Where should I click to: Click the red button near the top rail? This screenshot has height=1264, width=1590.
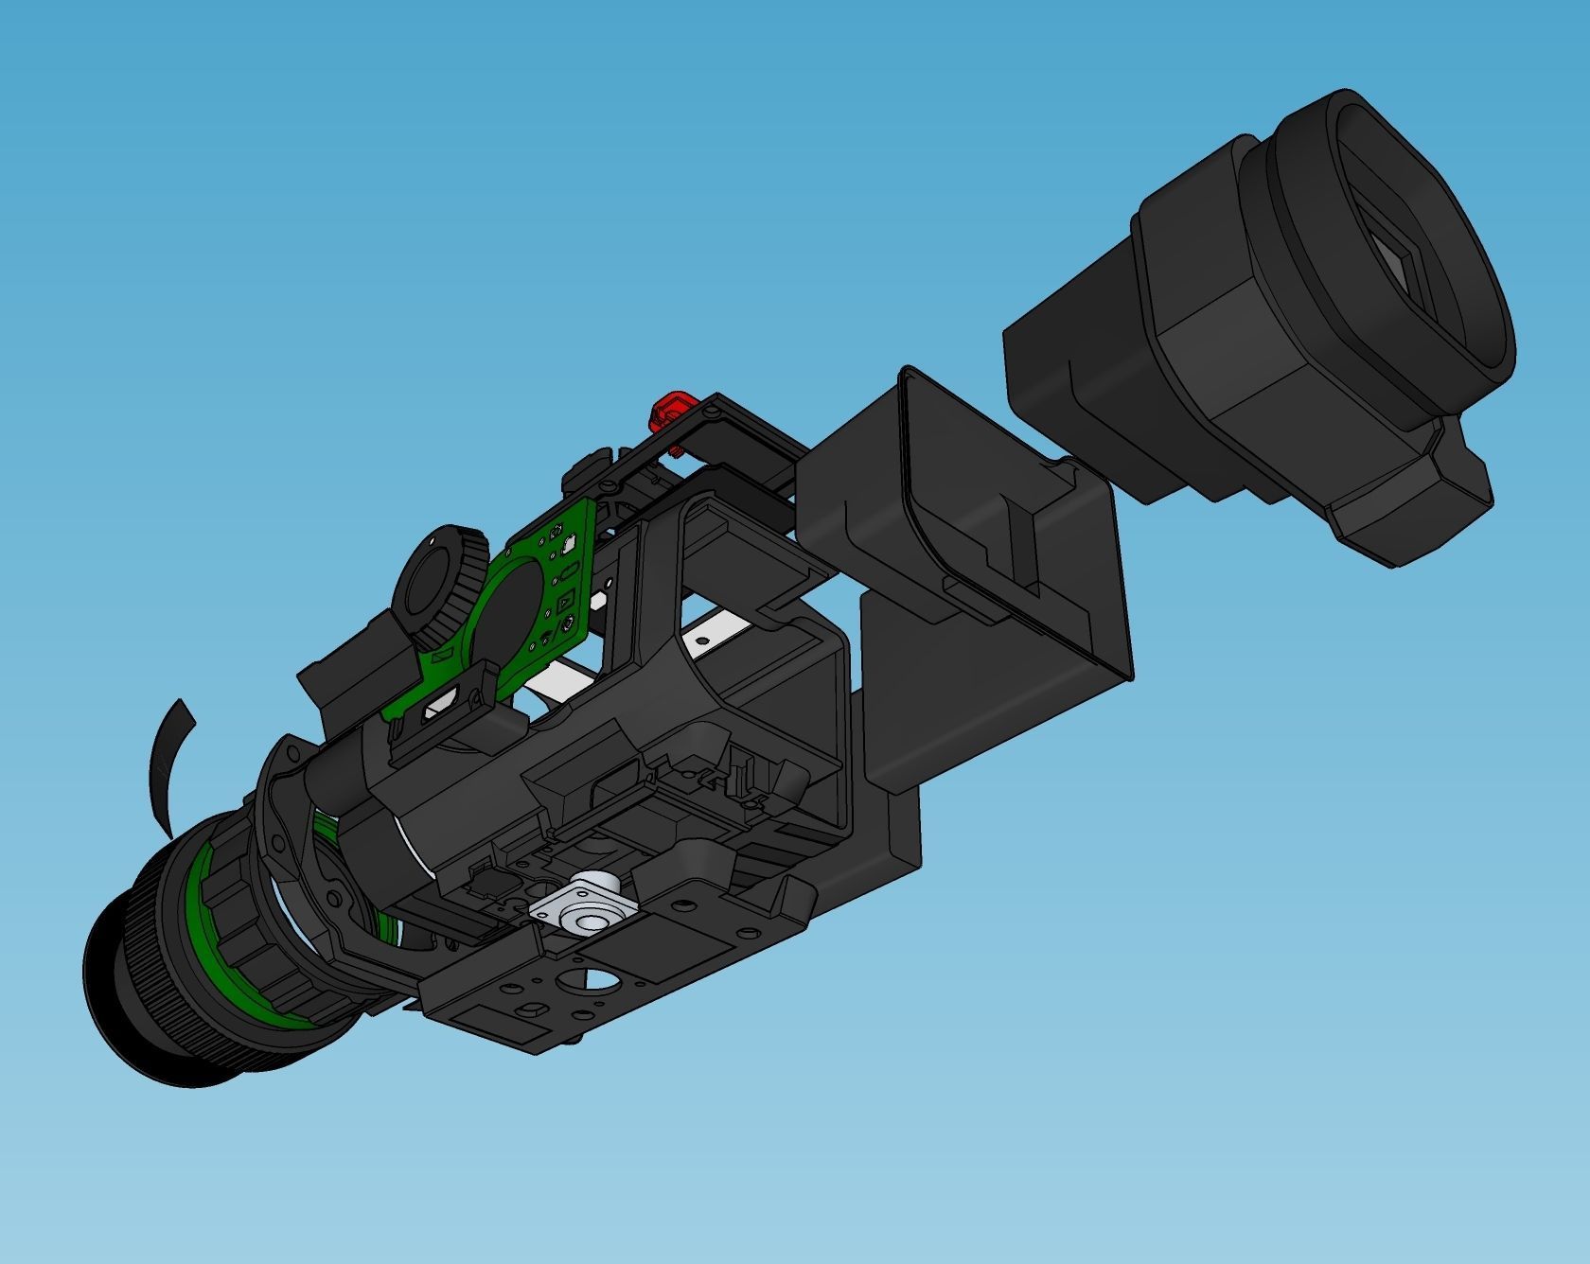tap(667, 409)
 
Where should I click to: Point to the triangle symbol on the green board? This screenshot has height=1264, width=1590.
tap(564, 601)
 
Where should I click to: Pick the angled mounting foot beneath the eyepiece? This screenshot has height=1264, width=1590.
tap(1410, 506)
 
